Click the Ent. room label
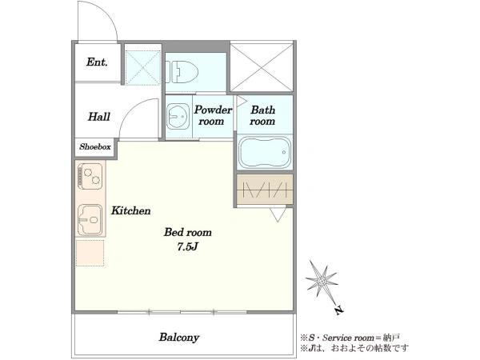click(x=97, y=62)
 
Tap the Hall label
click(x=99, y=117)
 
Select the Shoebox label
click(x=95, y=147)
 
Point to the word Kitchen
click(x=130, y=210)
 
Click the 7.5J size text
click(x=188, y=246)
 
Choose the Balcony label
click(x=179, y=338)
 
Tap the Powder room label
click(x=213, y=115)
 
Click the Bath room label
click(x=262, y=115)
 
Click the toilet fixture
click(x=182, y=72)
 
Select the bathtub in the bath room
click(x=265, y=152)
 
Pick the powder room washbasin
click(x=178, y=116)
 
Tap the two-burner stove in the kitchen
click(x=90, y=175)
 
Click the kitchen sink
click(x=90, y=220)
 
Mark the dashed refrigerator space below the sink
click(x=90, y=253)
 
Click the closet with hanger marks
click(x=265, y=190)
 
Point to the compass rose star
click(x=322, y=280)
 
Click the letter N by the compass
click(x=339, y=310)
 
